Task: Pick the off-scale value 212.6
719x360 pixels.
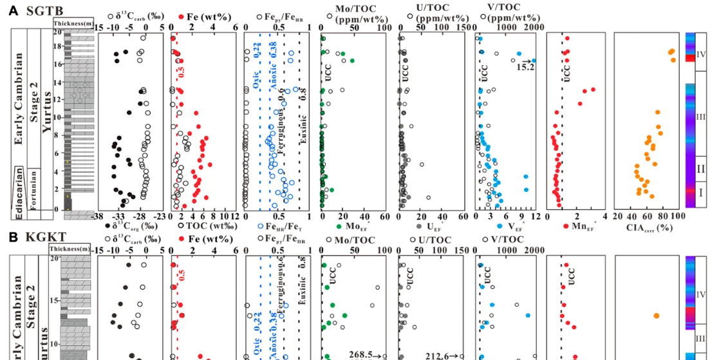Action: click(x=442, y=354)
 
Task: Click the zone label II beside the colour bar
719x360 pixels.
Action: click(x=702, y=169)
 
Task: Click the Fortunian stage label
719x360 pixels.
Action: click(x=35, y=187)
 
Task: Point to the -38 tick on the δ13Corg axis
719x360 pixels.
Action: click(x=98, y=217)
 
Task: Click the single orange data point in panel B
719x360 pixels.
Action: click(x=657, y=316)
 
